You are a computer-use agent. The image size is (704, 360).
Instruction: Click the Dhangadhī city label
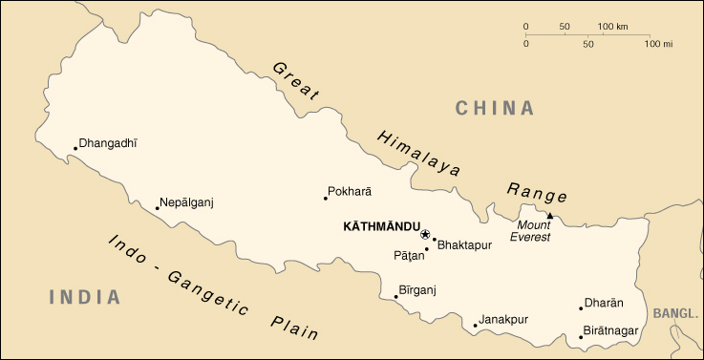[108, 143]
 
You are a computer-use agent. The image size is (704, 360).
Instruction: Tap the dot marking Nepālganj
[158, 208]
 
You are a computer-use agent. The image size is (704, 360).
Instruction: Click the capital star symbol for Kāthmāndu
[425, 233]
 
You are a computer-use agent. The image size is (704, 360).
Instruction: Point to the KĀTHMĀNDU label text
[381, 228]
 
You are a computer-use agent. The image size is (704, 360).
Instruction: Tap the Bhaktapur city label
[463, 245]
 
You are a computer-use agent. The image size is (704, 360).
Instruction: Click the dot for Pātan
[427, 249]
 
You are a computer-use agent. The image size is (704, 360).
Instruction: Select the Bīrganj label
[416, 288]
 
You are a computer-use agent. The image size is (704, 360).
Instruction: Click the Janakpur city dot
[475, 326]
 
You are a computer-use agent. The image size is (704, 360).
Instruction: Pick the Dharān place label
[605, 303]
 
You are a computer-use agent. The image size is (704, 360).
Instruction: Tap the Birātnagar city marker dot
[581, 337]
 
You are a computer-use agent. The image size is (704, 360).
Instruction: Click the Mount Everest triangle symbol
[549, 217]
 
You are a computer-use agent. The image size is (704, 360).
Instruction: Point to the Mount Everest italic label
[530, 231]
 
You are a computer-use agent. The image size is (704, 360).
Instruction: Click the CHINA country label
[495, 108]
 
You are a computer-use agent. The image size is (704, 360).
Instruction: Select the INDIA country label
[85, 297]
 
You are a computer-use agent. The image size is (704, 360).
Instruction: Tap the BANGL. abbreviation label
[676, 313]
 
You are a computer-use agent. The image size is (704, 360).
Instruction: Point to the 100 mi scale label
[659, 44]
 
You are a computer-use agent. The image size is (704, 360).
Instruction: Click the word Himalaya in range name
[418, 153]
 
